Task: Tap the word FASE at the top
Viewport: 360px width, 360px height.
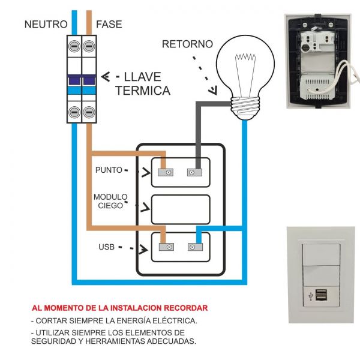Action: click(109, 25)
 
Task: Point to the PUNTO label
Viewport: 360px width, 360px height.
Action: click(109, 170)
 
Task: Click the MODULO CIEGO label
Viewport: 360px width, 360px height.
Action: click(110, 201)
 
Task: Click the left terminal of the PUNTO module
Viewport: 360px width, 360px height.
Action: click(166, 173)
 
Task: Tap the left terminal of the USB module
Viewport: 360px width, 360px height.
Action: click(166, 247)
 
